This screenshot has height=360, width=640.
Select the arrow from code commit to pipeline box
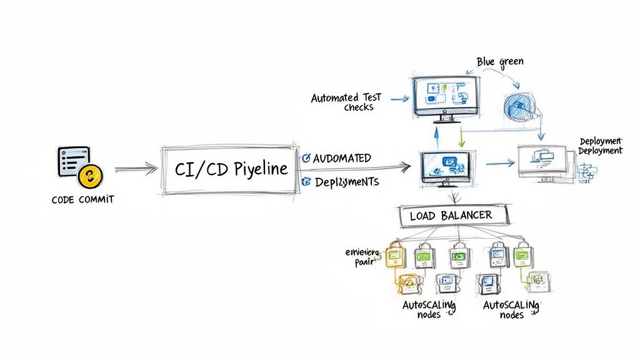click(136, 168)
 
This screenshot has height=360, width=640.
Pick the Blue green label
click(499, 61)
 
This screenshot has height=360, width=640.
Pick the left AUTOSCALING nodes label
click(429, 308)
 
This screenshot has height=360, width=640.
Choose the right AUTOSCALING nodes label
click(511, 308)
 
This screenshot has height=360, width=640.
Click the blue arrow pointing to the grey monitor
click(500, 164)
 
